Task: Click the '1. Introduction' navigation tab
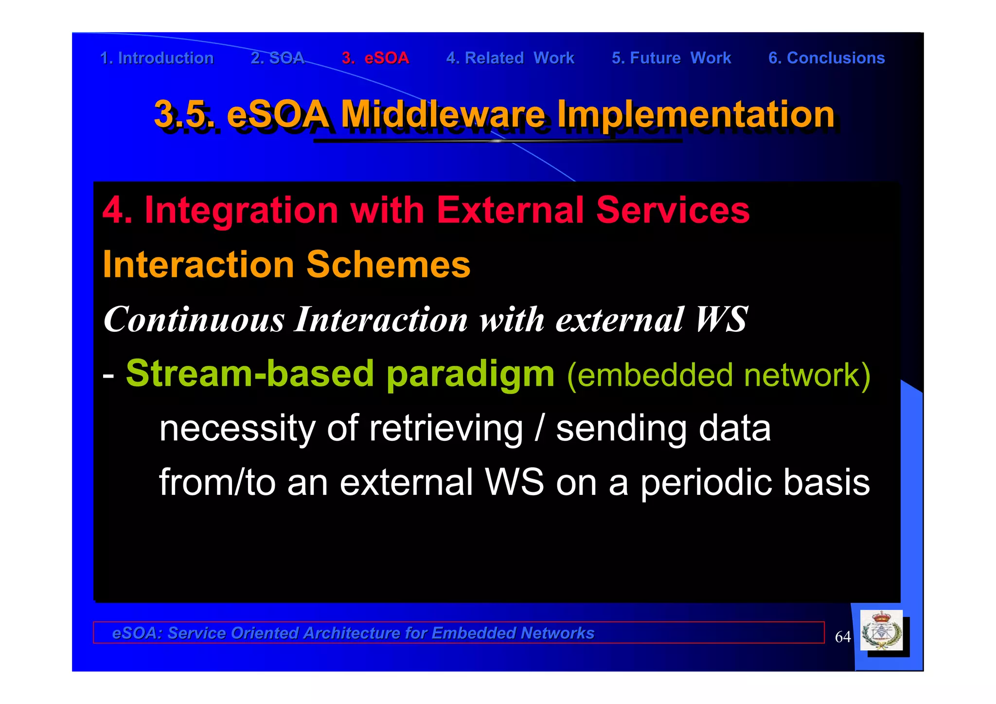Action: click(157, 58)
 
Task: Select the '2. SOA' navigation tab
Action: click(277, 58)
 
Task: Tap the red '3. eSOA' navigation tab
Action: click(375, 58)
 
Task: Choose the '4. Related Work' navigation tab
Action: click(510, 58)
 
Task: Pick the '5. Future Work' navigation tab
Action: click(671, 58)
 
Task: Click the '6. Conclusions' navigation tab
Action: click(826, 58)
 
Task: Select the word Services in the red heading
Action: click(673, 210)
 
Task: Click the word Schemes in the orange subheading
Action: click(388, 265)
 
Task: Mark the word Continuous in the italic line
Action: click(194, 320)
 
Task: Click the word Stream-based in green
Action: click(250, 374)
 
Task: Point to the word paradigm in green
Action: click(470, 374)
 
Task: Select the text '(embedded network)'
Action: click(718, 375)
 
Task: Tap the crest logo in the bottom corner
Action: click(881, 631)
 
